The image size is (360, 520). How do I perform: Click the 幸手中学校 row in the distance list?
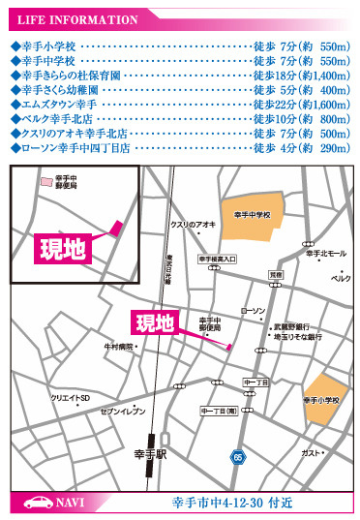coord(180,60)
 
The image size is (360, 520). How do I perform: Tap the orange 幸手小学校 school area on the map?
coord(321,397)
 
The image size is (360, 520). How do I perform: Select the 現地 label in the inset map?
coord(63,248)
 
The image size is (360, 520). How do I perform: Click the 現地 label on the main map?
coord(155,321)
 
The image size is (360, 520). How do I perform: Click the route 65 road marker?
coord(237,456)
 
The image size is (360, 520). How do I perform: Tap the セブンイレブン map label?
coord(122,412)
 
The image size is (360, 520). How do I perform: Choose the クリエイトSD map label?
coord(70,398)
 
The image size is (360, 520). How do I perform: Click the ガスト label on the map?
coord(311,452)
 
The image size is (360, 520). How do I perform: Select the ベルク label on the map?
coord(340,277)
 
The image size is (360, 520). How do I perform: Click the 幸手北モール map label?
coord(325,254)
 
